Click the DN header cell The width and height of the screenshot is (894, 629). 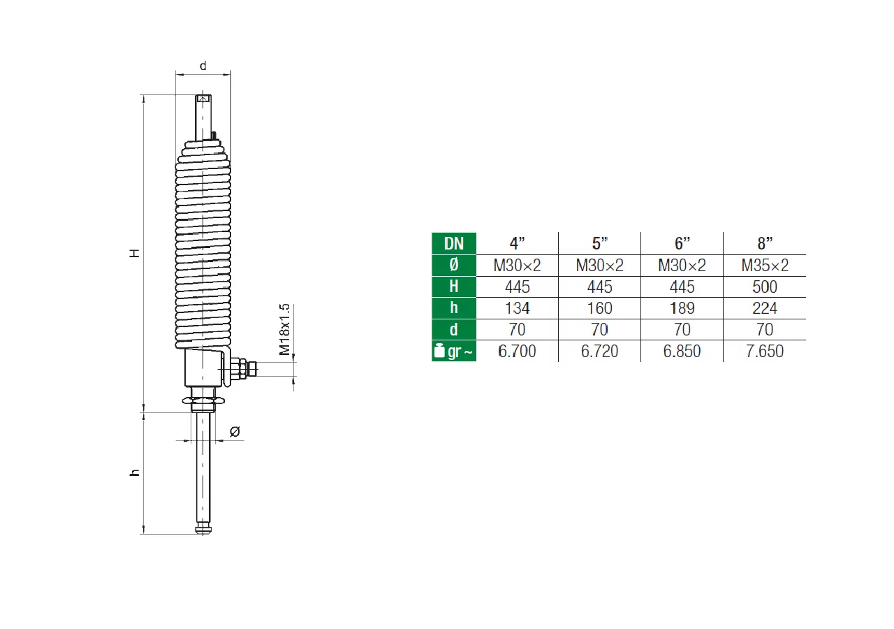[x=454, y=243]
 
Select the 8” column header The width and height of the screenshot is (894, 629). [x=765, y=243]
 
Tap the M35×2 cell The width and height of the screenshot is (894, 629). [x=765, y=265]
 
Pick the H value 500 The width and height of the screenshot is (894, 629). [x=765, y=287]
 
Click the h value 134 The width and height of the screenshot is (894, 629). [x=518, y=308]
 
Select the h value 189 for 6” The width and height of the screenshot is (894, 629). [x=682, y=308]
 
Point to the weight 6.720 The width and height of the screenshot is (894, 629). [x=599, y=351]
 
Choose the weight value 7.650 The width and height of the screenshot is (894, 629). [x=765, y=351]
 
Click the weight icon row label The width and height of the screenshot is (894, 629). [x=454, y=351]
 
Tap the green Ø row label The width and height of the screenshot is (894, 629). [x=454, y=265]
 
